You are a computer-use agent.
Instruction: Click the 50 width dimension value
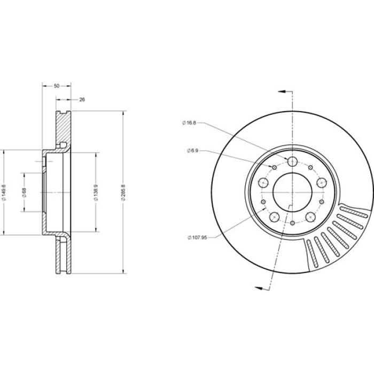pos(57,86)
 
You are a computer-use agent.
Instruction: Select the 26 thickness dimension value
pos(82,99)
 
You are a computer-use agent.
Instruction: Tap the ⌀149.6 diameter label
pos(3,192)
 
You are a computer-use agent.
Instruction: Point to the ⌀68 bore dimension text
pos(24,192)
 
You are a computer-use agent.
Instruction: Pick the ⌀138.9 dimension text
pos(96,192)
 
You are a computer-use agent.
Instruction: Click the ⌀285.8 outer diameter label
pos(123,192)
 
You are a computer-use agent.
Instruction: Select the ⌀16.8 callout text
pos(189,123)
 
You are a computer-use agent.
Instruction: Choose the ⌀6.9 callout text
pos(193,151)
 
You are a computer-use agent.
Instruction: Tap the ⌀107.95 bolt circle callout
pos(197,238)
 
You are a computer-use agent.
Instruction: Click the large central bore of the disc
pos(292,192)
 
